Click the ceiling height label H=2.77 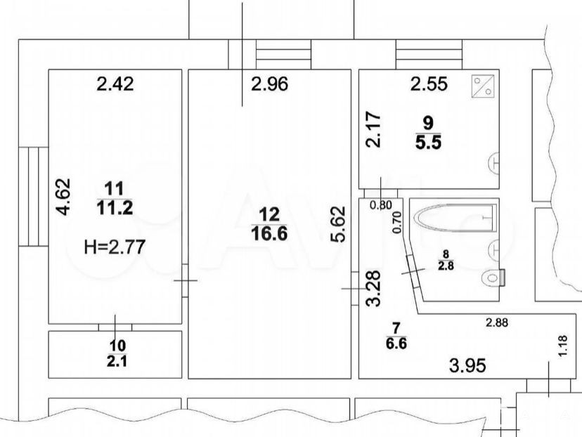(115, 247)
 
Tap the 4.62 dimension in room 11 (63, 197)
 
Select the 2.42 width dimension (115, 84)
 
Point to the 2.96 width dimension (269, 84)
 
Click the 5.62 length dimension (338, 224)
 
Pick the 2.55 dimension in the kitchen (429, 84)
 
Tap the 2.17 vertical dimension (373, 130)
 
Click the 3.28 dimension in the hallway (373, 288)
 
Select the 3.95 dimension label (467, 366)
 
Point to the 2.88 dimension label (497, 322)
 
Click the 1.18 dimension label (563, 346)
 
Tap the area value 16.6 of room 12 (269, 234)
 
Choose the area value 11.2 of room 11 (115, 208)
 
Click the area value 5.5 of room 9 (428, 143)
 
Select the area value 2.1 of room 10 (117, 360)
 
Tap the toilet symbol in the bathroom (493, 278)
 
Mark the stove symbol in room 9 (483, 86)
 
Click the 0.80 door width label (381, 205)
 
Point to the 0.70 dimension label (396, 222)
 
